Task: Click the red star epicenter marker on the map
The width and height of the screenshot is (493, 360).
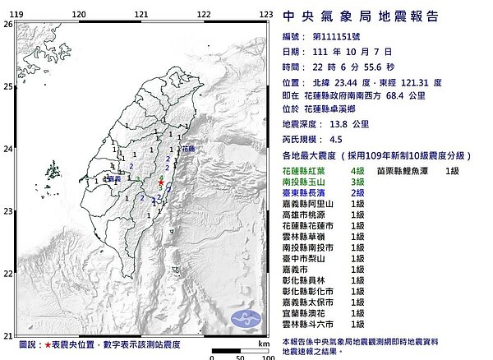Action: pos(161,182)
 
